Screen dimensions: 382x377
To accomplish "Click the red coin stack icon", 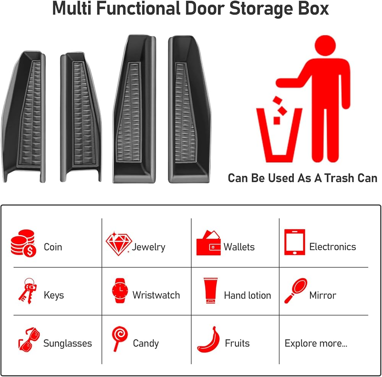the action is point(23,243).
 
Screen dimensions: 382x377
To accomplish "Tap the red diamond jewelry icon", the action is point(118,243).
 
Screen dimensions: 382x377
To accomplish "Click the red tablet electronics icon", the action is point(295,242).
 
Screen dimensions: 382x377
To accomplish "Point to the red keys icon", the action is point(27,291).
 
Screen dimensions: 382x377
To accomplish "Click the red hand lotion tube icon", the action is point(209,291).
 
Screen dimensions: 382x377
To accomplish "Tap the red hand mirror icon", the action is point(296,291).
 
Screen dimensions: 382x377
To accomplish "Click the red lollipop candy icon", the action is point(120,338).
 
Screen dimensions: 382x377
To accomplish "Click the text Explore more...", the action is point(316,343).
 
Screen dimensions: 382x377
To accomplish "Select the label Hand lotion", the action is point(247,295).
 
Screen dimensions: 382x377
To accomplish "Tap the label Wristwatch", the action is point(156,295).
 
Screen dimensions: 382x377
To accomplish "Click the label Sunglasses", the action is point(68,343).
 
